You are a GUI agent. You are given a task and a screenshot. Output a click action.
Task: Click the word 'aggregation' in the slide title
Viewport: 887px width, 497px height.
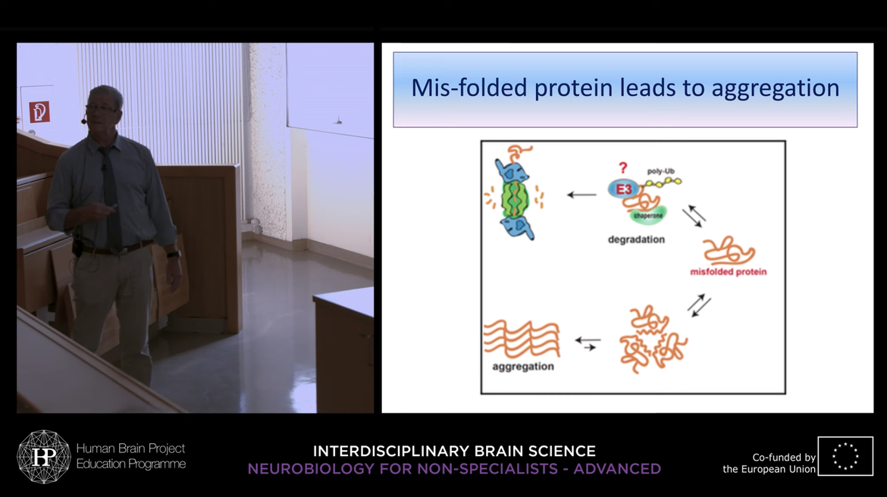point(775,89)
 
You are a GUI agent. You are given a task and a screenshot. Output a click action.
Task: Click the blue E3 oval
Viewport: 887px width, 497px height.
point(623,189)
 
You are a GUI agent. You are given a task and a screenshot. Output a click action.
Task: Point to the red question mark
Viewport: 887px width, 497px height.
point(623,168)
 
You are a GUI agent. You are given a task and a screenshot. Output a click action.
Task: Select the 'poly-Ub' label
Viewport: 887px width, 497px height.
point(661,171)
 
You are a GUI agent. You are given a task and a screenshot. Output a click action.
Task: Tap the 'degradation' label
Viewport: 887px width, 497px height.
point(636,239)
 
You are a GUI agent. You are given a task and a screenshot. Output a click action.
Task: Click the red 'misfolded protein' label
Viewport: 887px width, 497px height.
point(728,272)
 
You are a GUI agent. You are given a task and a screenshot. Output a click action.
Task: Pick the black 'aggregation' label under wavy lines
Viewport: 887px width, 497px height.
point(522,367)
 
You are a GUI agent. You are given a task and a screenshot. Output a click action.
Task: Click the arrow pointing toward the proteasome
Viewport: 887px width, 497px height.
point(581,195)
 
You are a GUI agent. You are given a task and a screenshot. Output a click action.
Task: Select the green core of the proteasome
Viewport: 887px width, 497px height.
point(514,199)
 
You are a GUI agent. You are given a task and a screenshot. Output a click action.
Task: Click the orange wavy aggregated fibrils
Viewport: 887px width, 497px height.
point(522,339)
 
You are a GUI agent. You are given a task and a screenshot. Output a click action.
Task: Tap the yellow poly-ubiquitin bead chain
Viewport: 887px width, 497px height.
point(663,182)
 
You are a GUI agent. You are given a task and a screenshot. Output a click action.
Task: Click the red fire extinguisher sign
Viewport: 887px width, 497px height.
point(39,111)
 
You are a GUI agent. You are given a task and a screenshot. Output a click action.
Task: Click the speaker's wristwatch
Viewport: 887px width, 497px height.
point(174,255)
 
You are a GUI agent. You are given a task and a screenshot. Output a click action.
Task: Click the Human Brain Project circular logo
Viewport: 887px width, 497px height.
point(43,457)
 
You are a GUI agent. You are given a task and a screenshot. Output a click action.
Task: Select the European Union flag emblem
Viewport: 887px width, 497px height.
point(845,456)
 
